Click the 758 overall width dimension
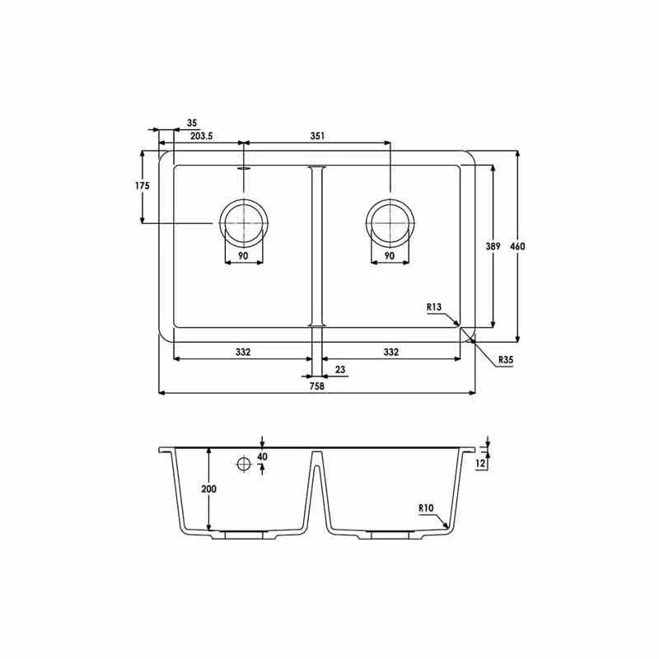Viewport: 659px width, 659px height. click(x=316, y=385)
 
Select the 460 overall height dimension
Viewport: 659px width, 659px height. click(x=517, y=246)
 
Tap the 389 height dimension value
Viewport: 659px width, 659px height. click(x=493, y=246)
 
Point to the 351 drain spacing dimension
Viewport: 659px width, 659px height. click(x=317, y=136)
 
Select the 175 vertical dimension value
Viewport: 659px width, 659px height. click(x=143, y=186)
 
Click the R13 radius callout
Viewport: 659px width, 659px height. click(x=435, y=307)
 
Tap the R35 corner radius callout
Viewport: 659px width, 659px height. click(x=505, y=359)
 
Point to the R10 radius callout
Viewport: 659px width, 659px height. click(x=426, y=508)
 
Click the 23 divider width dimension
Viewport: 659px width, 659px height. click(x=340, y=369)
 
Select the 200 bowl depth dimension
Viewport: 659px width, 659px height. click(x=208, y=488)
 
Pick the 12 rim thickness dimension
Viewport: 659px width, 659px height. click(x=482, y=464)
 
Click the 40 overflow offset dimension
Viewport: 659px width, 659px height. click(x=262, y=456)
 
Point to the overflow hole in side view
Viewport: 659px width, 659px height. click(x=244, y=465)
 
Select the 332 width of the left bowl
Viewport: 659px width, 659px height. click(x=242, y=352)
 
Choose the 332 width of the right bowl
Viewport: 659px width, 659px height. click(x=390, y=352)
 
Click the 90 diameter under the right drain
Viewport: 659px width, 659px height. click(x=390, y=256)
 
